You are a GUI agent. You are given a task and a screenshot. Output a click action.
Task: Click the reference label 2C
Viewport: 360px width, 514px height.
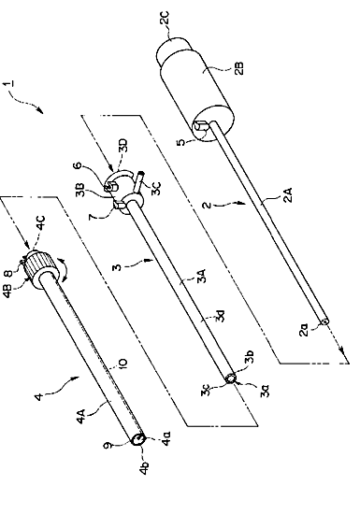[x=166, y=18]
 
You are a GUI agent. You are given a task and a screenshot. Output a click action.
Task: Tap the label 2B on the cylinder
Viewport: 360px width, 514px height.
[x=240, y=68]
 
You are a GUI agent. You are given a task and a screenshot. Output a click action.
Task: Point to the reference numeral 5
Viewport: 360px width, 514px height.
[x=180, y=143]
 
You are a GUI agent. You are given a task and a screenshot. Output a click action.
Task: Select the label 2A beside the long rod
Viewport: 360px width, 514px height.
[x=288, y=194]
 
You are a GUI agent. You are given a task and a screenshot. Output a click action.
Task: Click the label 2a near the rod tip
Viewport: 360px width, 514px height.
[x=304, y=330]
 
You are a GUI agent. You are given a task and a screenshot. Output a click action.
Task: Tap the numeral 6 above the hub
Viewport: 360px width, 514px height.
[x=78, y=165]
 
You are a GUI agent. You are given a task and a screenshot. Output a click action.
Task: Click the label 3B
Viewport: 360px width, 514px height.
[x=80, y=191]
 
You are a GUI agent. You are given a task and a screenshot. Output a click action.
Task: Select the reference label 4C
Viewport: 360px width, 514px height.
[x=40, y=222]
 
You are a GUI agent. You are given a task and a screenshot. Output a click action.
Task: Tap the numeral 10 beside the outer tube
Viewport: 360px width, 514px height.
[x=122, y=365]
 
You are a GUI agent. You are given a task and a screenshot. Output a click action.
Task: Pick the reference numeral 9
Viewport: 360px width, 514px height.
[x=107, y=446]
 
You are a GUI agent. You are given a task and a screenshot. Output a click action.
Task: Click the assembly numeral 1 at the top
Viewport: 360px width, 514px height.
[x=8, y=83]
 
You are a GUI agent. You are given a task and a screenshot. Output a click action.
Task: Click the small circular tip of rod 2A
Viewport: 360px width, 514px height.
[x=324, y=321]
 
